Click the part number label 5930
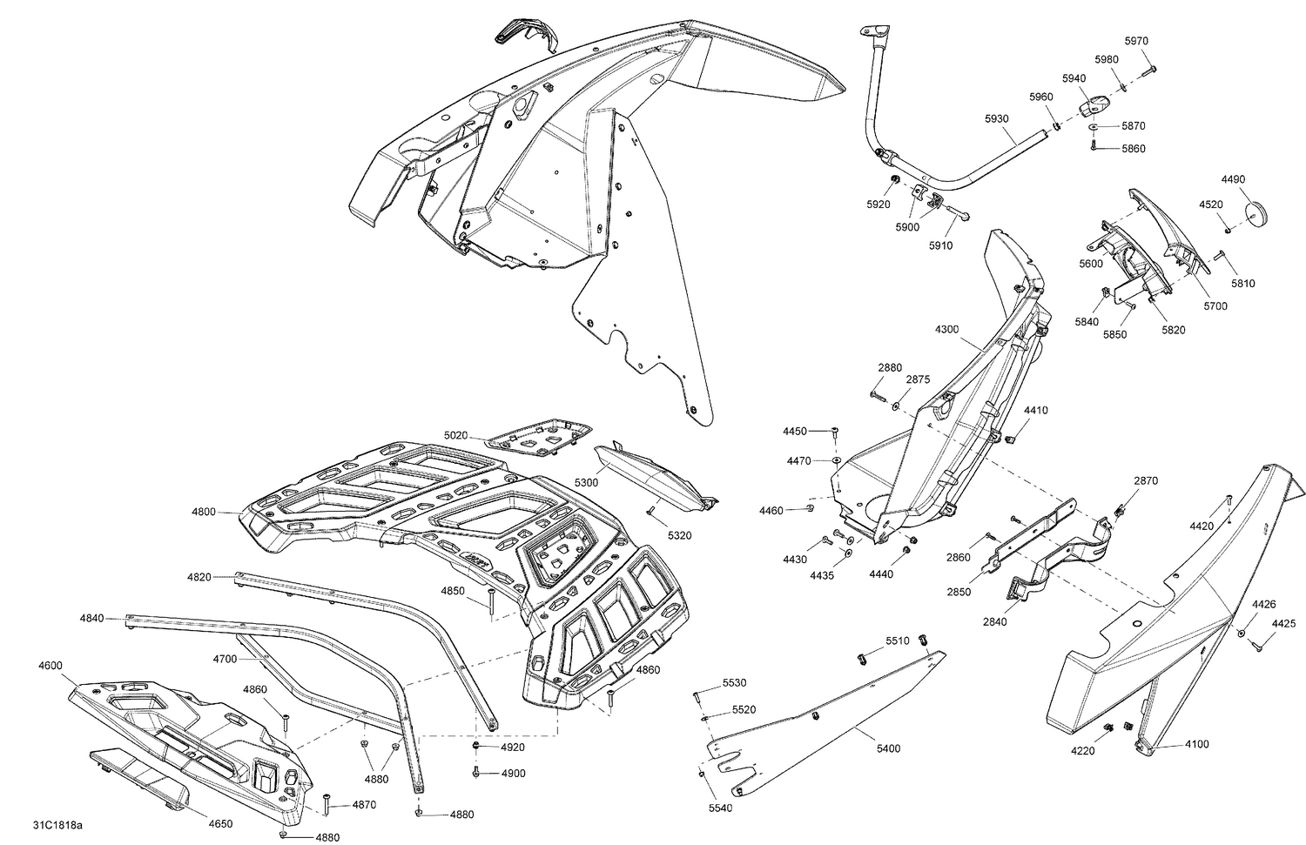click(x=997, y=118)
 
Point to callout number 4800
click(x=203, y=513)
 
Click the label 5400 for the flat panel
click(x=888, y=748)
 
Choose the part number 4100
click(x=1196, y=744)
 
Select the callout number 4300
click(x=946, y=330)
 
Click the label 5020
click(x=455, y=435)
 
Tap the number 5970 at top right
click(x=1136, y=41)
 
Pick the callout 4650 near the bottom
click(x=220, y=823)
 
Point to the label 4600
click(x=50, y=666)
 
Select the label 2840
click(x=994, y=621)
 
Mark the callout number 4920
click(x=513, y=748)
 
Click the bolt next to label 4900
click(x=475, y=773)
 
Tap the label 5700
click(x=1215, y=306)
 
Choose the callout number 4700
click(x=225, y=659)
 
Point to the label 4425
click(x=1283, y=623)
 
